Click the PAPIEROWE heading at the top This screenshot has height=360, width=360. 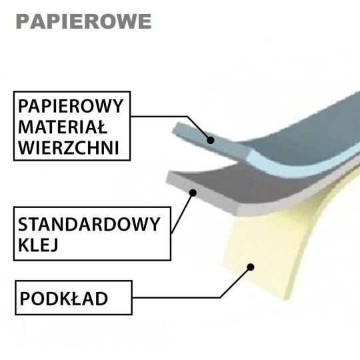coord(84,21)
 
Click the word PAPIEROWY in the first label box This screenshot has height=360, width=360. coord(71,106)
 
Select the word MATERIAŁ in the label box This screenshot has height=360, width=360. coord(63,127)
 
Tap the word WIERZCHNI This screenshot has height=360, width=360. coord(69,147)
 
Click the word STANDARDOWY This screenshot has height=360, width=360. coord(89,224)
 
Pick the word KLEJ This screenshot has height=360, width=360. coord(38,245)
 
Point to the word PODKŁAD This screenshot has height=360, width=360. coord(64,299)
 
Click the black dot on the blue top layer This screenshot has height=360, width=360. coord(210,140)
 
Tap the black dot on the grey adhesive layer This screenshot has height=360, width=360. coord(193,193)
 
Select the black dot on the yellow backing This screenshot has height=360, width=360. coord(251,267)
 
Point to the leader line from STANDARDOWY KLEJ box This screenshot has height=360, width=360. coord(182,213)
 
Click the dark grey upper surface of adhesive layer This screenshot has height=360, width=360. coord(241,184)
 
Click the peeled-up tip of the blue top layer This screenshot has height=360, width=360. coord(177,128)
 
